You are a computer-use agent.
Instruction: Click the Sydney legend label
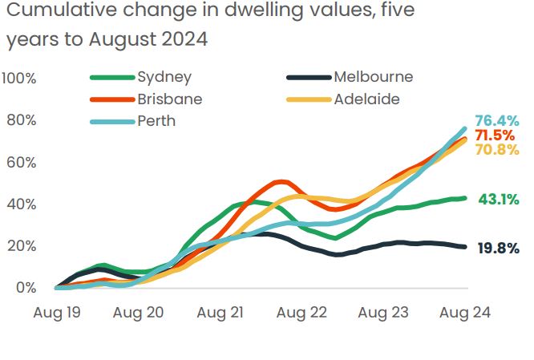pyautogui.click(x=164, y=78)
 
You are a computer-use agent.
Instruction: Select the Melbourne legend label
pyautogui.click(x=373, y=78)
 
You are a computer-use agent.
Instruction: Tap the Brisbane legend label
pyautogui.click(x=169, y=99)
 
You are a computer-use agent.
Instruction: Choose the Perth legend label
pyautogui.click(x=156, y=121)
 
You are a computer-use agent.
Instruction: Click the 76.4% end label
pyautogui.click(x=497, y=121)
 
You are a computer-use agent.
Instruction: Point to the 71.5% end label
pyautogui.click(x=497, y=135)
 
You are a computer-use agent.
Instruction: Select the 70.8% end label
pyautogui.click(x=497, y=149)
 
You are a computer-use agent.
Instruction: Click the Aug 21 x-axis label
pyautogui.click(x=220, y=312)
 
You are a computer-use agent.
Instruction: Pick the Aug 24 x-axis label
pyautogui.click(x=463, y=312)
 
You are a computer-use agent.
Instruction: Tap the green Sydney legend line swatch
pyautogui.click(x=111, y=78)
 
